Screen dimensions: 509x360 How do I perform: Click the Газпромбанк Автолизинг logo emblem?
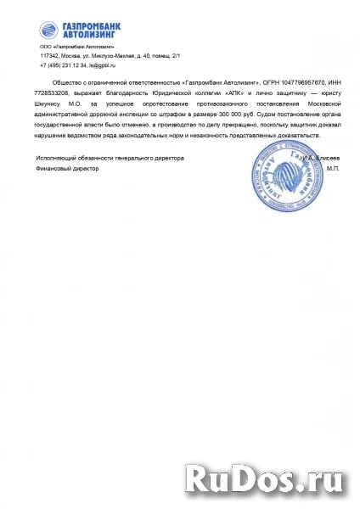pos(48,31)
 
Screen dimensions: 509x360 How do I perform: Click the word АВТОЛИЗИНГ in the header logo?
pos(89,36)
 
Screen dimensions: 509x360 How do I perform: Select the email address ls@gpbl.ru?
pos(101,64)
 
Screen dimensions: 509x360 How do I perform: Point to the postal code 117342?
pos(49,55)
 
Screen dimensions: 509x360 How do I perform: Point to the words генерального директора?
pos(155,159)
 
